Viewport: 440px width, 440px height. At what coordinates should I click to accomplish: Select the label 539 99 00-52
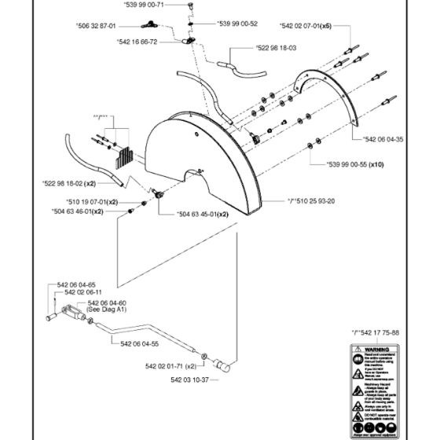tap(236, 24)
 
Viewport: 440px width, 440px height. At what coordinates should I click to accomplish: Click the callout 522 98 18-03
tap(278, 49)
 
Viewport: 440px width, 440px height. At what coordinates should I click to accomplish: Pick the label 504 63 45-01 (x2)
tap(181, 212)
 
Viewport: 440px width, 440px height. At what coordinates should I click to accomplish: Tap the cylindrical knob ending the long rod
tap(224, 366)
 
